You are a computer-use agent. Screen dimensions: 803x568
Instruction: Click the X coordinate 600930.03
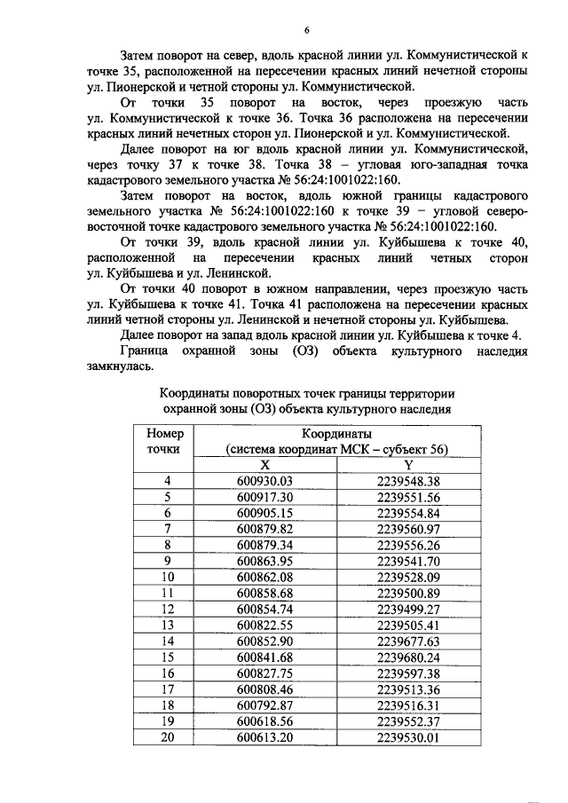click(x=264, y=481)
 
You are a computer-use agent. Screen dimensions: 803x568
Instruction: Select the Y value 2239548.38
click(x=407, y=481)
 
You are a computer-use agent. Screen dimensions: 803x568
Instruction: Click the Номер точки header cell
click(x=163, y=441)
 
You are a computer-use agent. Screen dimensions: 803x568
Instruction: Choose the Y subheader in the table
click(x=407, y=464)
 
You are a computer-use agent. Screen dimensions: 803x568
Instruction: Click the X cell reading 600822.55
click(x=264, y=624)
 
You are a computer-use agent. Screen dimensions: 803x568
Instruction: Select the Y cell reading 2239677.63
click(x=407, y=640)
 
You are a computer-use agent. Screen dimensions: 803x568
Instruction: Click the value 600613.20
click(x=264, y=736)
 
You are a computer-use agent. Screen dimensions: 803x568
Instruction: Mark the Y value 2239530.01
click(x=407, y=736)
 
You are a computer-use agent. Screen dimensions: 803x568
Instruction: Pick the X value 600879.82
click(x=264, y=529)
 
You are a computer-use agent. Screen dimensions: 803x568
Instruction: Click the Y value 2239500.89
click(x=407, y=592)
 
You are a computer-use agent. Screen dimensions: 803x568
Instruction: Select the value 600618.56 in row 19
click(x=264, y=720)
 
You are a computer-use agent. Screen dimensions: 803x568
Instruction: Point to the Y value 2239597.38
click(x=407, y=672)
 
